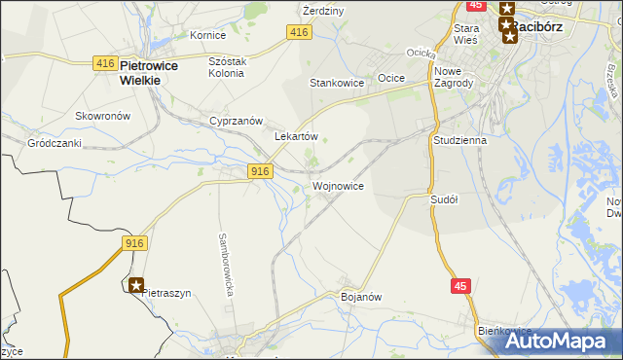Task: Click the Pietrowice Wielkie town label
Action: [139, 73]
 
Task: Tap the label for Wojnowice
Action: [338, 185]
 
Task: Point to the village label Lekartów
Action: [297, 137]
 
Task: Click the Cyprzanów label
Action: [237, 121]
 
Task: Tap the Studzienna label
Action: [459, 140]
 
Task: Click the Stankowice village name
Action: [337, 83]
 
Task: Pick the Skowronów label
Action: [102, 115]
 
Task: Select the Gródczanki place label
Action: [54, 142]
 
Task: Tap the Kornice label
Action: [207, 35]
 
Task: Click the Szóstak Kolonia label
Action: [230, 67]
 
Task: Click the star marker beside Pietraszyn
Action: [136, 286]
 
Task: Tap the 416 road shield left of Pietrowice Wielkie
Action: [106, 63]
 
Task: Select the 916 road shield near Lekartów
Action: [258, 171]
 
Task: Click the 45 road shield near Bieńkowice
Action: [462, 286]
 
